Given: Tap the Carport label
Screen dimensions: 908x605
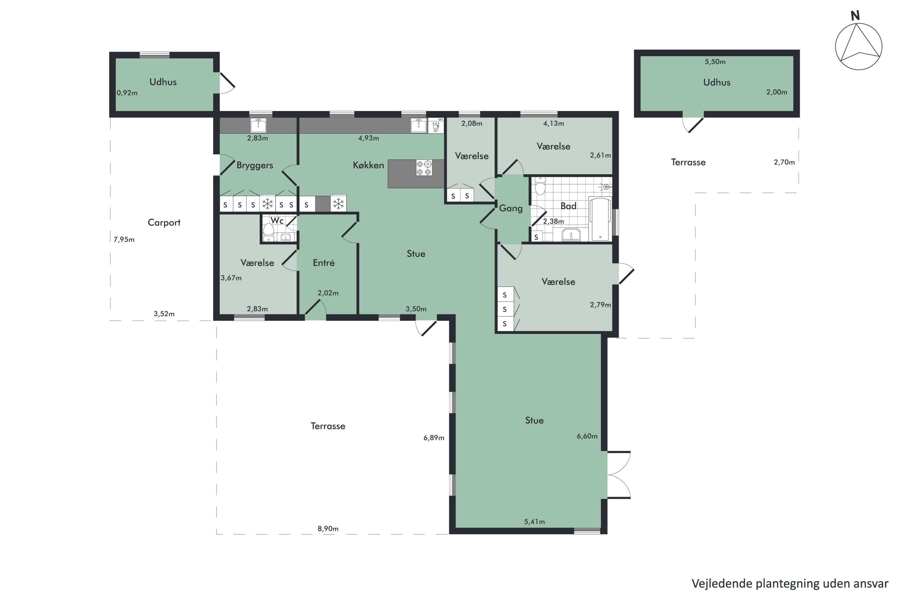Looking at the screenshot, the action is pos(164,223).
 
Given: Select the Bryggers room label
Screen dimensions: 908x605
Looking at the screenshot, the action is pos(255,165).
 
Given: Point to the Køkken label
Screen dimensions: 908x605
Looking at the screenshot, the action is pos(368,165).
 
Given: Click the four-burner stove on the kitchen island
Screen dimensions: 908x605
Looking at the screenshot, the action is pos(424,168).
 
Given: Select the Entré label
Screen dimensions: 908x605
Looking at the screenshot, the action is pos(324,263).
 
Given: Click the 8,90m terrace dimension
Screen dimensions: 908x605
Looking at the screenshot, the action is pos(328,528).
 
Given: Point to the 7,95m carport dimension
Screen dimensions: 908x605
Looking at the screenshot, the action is pos(124,240).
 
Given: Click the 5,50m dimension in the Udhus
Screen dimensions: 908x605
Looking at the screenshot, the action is pos(715,62).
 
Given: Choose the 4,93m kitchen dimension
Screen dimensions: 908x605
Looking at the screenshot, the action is pos(368,138).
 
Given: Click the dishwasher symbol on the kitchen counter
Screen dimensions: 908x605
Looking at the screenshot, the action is pos(436,126).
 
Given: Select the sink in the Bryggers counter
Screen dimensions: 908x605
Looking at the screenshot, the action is pos(258,126).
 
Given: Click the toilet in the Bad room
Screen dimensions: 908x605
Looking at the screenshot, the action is pos(540,186).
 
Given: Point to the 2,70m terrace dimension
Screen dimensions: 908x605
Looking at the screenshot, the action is pos(784,162).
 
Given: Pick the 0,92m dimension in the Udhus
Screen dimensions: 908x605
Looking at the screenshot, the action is pos(127,93).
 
